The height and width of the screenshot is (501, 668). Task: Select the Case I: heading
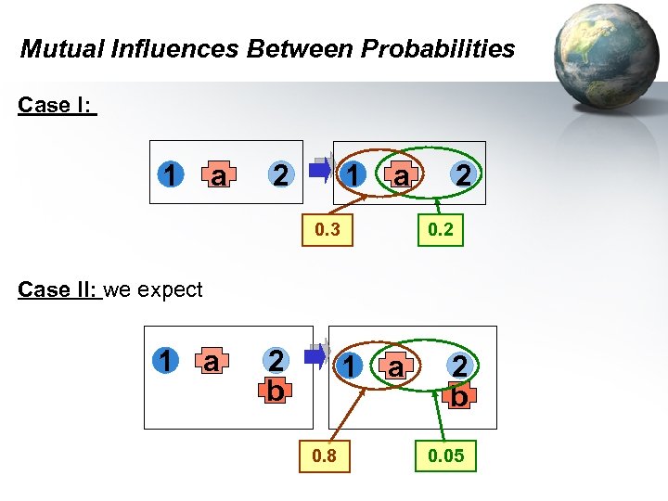point(55,105)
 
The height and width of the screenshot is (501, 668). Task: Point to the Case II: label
point(58,289)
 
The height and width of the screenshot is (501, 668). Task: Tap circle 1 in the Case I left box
point(169,173)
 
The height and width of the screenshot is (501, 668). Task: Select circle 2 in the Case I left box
point(277,173)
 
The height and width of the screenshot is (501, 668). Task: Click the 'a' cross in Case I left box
point(219,174)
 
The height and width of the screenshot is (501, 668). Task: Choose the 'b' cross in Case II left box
point(275,391)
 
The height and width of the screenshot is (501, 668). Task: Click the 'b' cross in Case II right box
point(459,396)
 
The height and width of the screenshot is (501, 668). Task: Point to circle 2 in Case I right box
point(461,173)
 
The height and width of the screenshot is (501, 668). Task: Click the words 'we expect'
point(153,289)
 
